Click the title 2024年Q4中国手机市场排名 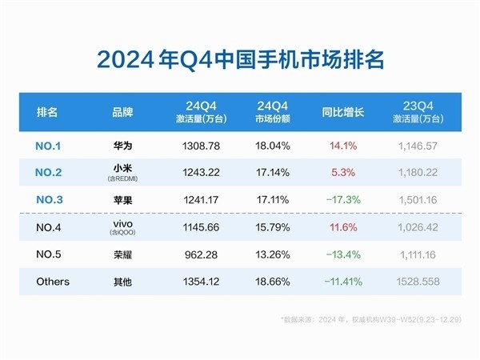coord(240,59)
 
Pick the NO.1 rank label coord(54,146)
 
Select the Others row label coord(54,282)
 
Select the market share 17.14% coord(271,173)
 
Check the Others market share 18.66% coord(271,282)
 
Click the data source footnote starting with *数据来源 coord(370,319)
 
